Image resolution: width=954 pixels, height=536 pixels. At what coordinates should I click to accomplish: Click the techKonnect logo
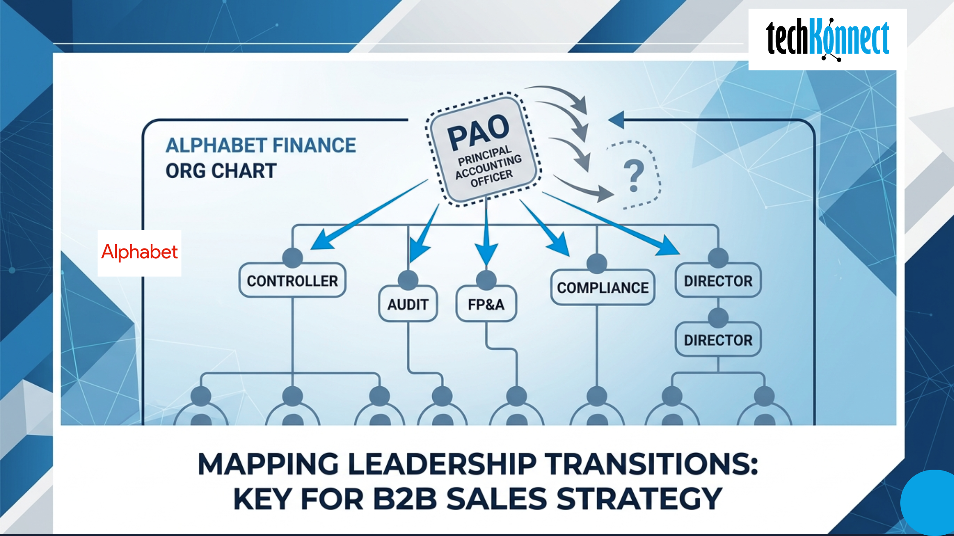coord(827,39)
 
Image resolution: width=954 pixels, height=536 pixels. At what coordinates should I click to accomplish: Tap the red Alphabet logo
coord(139,252)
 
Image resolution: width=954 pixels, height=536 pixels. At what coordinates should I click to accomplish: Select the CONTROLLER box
coord(292,281)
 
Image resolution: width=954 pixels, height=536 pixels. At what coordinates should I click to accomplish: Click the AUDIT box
coord(408,304)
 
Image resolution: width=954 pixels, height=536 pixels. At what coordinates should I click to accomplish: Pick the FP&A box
coord(486,304)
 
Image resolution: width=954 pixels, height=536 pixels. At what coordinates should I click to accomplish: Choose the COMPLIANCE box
coord(603,288)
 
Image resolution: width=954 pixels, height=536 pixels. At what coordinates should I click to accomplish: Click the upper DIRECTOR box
coord(718,281)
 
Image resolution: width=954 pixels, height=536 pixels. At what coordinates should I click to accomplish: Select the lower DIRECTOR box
coord(718,340)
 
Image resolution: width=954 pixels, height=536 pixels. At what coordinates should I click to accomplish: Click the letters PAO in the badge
coord(478,132)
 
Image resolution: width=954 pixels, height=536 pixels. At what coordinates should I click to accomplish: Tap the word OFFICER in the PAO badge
coord(491,179)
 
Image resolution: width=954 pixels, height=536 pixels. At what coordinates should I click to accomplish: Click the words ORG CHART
coord(221,171)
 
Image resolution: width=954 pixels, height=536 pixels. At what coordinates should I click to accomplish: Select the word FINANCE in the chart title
coord(314,145)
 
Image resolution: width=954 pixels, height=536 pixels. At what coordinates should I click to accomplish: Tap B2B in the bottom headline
coord(405,499)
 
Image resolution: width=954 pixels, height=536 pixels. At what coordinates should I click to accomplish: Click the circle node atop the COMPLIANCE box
coord(597,263)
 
